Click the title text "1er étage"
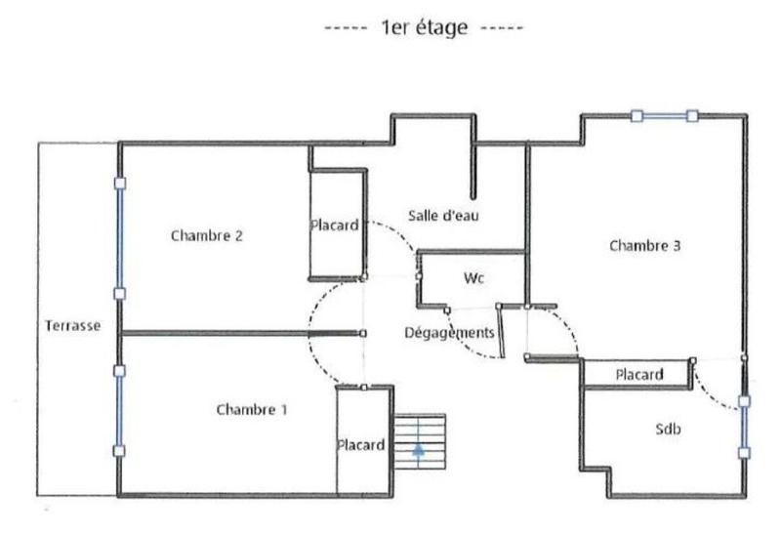[x=426, y=28]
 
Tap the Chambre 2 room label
[x=206, y=235]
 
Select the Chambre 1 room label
[x=251, y=410]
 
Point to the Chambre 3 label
[x=644, y=246]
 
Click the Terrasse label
[x=72, y=326]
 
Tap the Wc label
[x=474, y=278]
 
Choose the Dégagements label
[x=450, y=333]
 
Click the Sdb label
[x=668, y=429]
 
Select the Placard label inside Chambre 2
[x=335, y=225]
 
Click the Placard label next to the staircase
[x=361, y=445]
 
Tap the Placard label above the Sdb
[x=639, y=374]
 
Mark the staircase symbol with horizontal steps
[x=419, y=435]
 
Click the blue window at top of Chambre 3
[x=664, y=116]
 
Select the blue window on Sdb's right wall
[x=744, y=426]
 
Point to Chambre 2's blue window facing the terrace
[x=120, y=237]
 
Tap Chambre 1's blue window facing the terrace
[x=120, y=410]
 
